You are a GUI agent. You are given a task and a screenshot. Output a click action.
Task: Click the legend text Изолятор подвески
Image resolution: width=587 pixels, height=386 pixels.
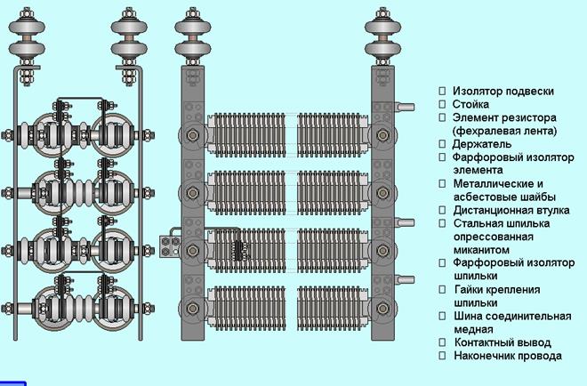[x=503, y=91]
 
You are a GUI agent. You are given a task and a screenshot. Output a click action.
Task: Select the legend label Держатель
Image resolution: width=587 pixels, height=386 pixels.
[x=481, y=143]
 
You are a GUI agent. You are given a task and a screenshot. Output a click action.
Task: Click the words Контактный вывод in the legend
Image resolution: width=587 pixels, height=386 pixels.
[x=503, y=342]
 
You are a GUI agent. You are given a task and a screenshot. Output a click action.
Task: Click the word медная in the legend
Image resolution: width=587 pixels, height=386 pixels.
[x=475, y=329]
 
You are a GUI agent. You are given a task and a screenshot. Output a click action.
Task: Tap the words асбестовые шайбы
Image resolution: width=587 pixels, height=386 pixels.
[x=504, y=196]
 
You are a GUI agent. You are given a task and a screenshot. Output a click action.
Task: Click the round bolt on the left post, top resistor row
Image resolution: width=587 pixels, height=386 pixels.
[x=191, y=136]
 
